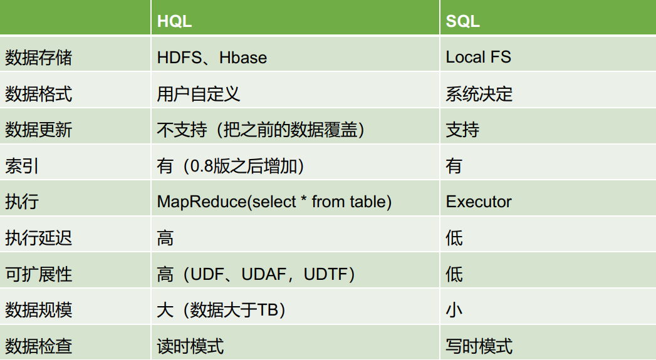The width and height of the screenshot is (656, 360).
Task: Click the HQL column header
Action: pos(174,21)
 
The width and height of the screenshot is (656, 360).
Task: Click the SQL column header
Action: pos(462,21)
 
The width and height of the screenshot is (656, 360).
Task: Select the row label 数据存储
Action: pos(38,58)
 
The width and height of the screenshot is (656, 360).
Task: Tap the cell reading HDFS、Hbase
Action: pos(212,58)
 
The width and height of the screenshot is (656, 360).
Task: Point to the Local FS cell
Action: pos(478,58)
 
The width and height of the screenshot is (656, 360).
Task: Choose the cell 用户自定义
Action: pos(199,94)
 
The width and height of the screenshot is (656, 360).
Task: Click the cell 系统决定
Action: pos(479,94)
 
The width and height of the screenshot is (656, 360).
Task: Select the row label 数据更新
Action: pos(38,130)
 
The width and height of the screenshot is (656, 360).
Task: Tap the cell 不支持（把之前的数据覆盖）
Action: pos(261,130)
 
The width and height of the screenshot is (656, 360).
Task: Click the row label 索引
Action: pos(22,166)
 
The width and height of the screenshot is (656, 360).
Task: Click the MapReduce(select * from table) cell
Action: pos(274,202)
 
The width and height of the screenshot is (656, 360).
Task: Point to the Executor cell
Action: pos(479,202)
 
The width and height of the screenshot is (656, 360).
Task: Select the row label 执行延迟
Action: pos(38,238)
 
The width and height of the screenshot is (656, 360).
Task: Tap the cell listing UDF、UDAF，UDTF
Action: pos(256,274)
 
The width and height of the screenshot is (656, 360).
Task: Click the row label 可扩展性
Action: pos(38,274)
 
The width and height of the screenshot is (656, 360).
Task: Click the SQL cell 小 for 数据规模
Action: pos(454,310)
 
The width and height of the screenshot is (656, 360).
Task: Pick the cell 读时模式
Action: pos(190,346)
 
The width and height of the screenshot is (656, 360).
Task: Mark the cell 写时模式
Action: pos(479,346)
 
